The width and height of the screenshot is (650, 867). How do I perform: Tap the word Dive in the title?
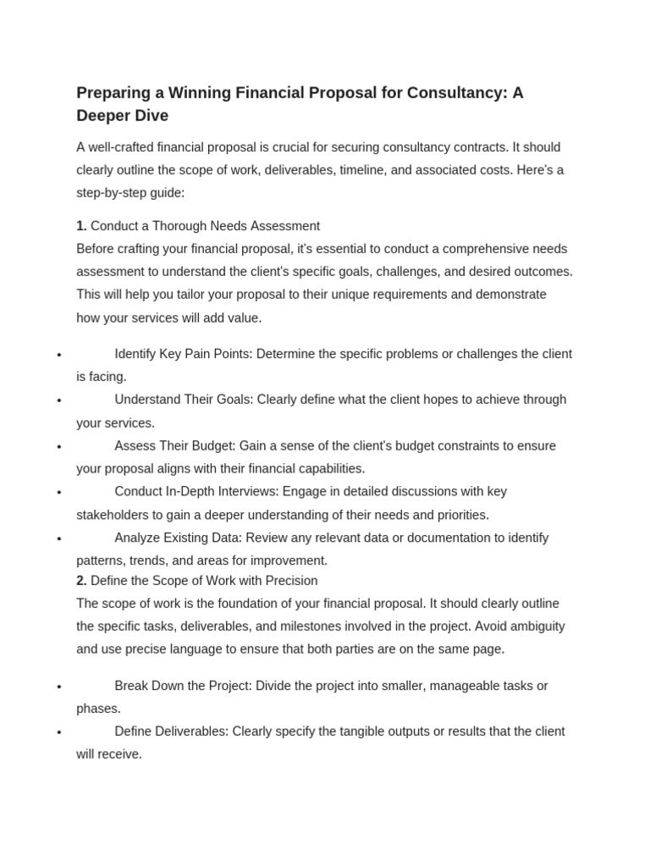tap(151, 116)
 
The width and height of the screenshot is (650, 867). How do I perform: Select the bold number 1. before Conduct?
tap(81, 226)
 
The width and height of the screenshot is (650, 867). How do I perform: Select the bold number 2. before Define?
tap(81, 581)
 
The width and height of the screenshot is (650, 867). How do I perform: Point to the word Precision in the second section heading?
tap(289, 581)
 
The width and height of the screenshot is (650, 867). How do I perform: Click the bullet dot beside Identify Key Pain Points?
tap(58, 355)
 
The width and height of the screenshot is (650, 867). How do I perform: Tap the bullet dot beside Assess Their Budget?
tap(58, 446)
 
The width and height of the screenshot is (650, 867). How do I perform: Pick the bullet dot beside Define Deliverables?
tap(58, 732)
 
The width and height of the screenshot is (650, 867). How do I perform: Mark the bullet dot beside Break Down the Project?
tap(58, 687)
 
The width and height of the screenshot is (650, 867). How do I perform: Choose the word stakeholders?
tap(113, 515)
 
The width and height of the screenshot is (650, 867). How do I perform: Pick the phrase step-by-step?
tap(109, 192)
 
